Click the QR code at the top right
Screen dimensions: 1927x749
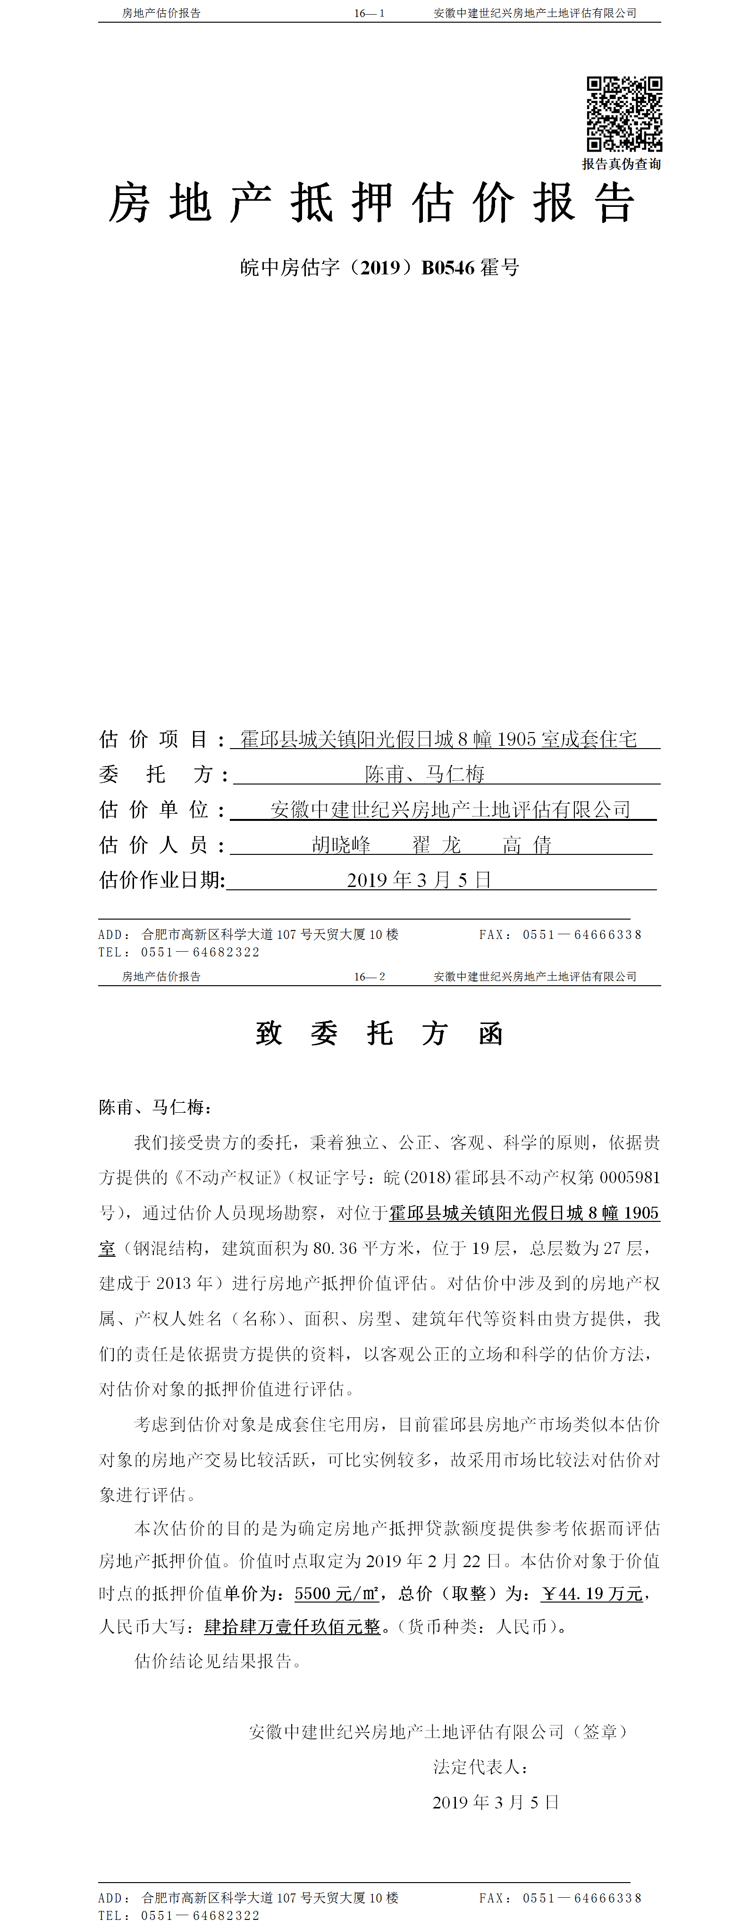tap(624, 114)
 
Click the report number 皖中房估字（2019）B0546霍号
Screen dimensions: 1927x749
tap(380, 268)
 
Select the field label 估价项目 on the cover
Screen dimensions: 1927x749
tap(154, 740)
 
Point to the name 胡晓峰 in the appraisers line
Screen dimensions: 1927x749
tap(341, 845)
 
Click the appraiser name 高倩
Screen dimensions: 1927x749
tap(527, 845)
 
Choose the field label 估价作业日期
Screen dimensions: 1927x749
tap(161, 880)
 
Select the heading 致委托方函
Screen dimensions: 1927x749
tap(379, 1034)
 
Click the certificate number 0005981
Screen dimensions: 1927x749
tap(630, 1177)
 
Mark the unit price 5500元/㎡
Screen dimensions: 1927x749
tap(336, 1594)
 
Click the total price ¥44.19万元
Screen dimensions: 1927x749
tap(592, 1594)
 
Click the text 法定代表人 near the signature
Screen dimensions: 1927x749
tap(480, 1767)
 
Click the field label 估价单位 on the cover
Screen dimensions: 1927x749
tap(154, 810)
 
